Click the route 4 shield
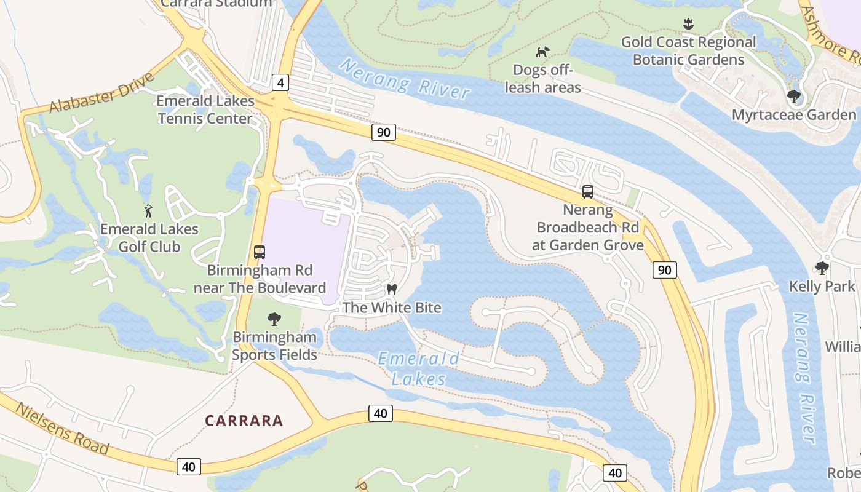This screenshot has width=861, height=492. [280, 82]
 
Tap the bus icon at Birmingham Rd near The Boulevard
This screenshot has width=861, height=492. [260, 252]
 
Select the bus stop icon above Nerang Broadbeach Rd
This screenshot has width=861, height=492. [588, 192]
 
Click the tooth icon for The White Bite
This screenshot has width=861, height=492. [391, 289]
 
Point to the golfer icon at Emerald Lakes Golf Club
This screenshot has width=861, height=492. [148, 212]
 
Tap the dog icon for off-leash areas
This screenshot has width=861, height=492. [542, 52]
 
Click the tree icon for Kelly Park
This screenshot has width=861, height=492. [822, 268]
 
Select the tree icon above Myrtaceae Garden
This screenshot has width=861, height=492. [793, 97]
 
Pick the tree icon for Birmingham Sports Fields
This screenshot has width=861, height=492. [274, 319]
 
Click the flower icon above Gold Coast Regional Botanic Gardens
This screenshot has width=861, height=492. [688, 24]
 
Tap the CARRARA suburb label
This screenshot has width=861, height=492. [244, 421]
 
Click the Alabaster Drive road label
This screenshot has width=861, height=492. [101, 93]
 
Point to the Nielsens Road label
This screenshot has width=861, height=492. [61, 428]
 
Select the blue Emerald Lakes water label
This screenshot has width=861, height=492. [418, 368]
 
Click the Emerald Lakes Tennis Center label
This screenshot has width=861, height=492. [205, 109]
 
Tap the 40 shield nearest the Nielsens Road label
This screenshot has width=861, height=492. [188, 467]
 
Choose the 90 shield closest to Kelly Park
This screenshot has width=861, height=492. [665, 269]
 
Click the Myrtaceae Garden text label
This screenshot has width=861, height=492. [793, 115]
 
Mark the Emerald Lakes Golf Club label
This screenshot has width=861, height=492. [149, 238]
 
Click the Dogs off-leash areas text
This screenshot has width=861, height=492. [543, 79]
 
